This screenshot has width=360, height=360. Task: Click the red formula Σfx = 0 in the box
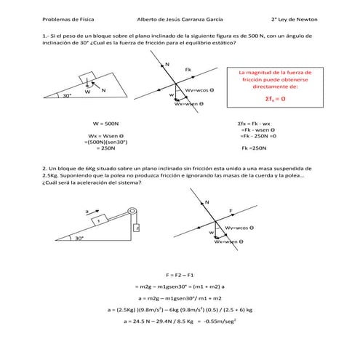275,98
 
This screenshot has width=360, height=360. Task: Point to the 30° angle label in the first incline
66,95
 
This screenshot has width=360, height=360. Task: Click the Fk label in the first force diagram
188,70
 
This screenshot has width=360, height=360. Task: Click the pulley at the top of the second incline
132,212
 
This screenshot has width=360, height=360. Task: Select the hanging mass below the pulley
136,228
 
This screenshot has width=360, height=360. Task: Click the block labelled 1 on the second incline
100,220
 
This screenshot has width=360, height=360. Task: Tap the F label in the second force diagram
231,210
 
